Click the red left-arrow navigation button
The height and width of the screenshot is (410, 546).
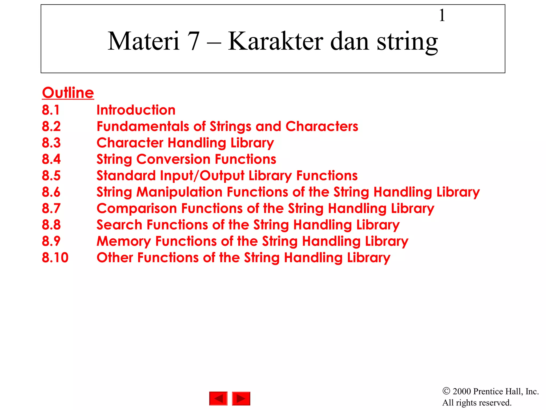click(218, 399)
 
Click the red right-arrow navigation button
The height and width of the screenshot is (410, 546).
click(241, 399)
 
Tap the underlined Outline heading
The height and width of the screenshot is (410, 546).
click(68, 93)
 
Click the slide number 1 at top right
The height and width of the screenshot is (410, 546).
click(442, 15)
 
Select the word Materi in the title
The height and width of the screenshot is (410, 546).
click(143, 41)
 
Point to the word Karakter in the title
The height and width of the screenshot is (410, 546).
click(276, 41)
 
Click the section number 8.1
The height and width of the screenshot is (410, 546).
click(51, 110)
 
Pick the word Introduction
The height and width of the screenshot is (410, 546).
click(136, 110)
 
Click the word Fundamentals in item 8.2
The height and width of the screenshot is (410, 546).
click(143, 127)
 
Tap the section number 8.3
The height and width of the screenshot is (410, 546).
click(51, 143)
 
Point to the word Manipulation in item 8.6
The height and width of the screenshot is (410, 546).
click(179, 192)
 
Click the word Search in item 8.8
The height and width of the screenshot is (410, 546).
click(119, 225)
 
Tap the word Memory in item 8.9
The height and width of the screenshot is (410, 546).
click(124, 241)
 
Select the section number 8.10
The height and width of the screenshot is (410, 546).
click(55, 258)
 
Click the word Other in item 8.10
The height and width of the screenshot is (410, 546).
click(115, 258)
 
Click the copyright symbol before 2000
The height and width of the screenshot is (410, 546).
click(446, 391)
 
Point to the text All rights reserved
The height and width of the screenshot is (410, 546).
click(477, 403)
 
